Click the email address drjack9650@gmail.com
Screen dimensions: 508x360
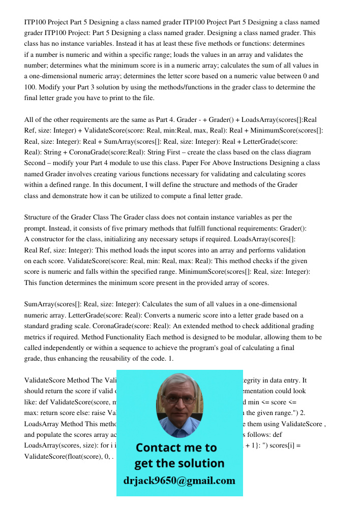point(179,481)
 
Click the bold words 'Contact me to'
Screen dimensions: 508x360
point(176,448)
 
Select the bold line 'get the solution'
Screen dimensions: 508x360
point(179,463)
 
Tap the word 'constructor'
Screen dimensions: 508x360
point(48,239)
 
